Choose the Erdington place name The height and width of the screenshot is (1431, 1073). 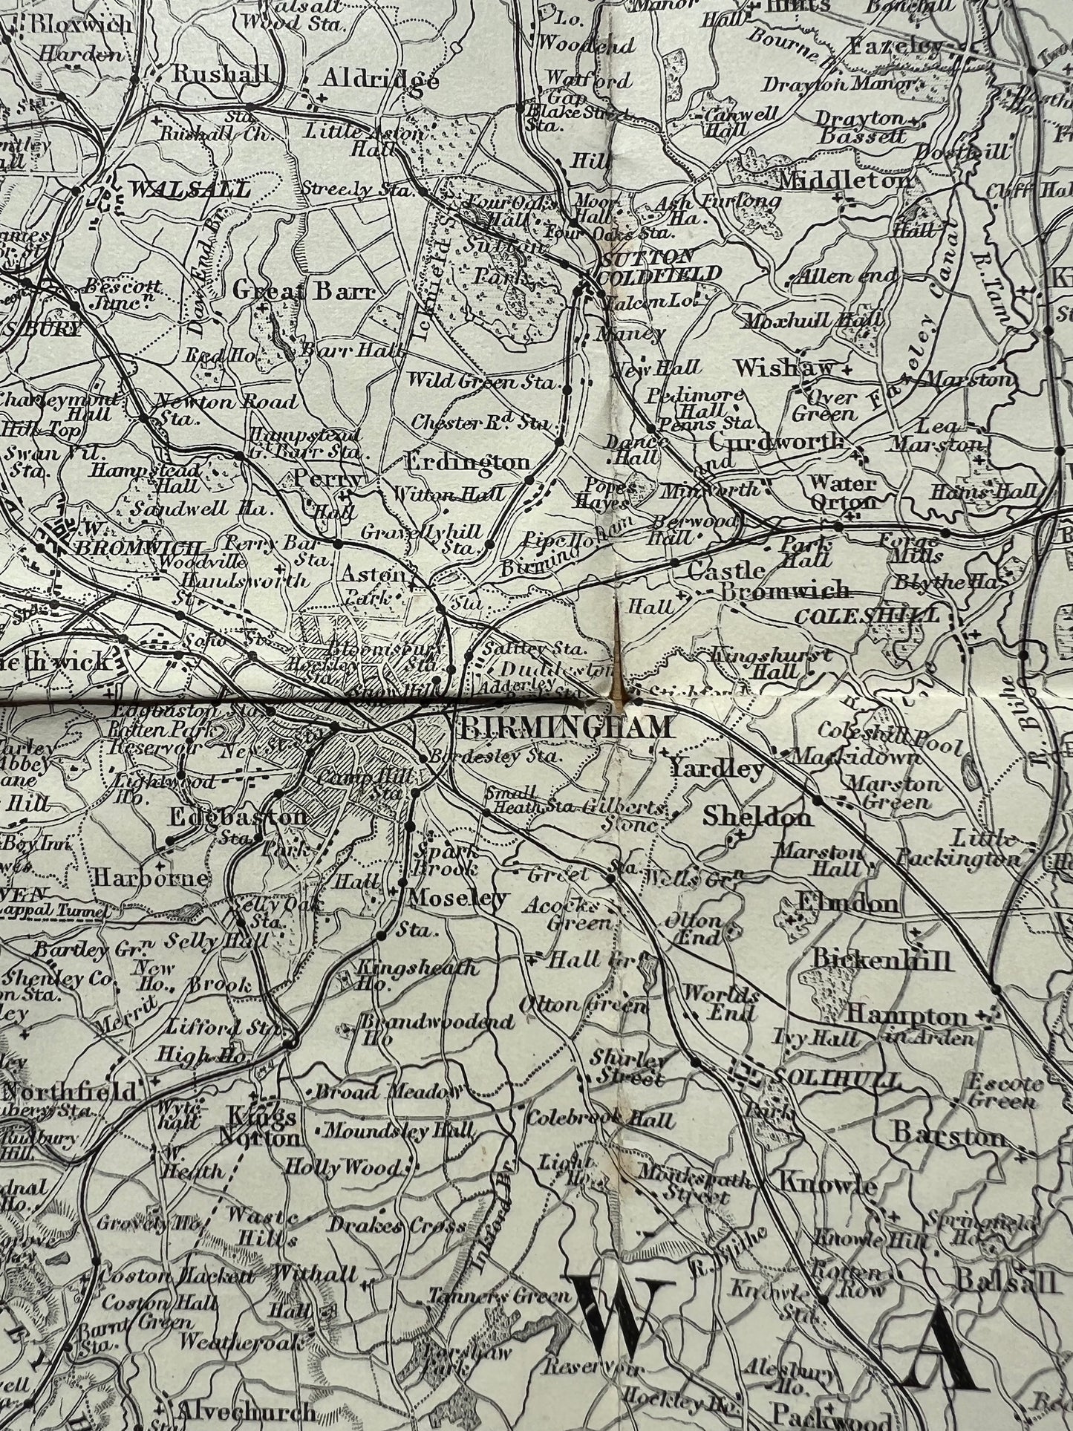point(467,462)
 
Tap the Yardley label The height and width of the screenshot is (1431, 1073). point(717,769)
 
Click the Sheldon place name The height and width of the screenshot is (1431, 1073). point(757,817)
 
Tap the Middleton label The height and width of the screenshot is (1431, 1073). point(845,180)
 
